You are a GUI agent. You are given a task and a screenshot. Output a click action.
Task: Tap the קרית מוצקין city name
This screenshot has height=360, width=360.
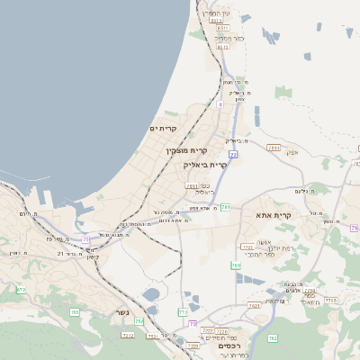pos(187,150)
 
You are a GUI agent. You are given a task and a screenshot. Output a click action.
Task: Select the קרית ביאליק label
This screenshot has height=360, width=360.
pos(205,165)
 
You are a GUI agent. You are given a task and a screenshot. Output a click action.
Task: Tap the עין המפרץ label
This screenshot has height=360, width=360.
pos(217,13)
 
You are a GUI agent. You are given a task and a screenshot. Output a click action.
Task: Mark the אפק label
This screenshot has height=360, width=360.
pos(292,152)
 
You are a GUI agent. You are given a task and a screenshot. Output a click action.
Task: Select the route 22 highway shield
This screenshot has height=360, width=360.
pos(232,155)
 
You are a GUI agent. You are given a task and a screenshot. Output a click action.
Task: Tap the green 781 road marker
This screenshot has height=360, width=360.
pos(226,207)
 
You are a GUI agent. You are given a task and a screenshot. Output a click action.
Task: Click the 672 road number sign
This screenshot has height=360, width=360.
pos(183,311)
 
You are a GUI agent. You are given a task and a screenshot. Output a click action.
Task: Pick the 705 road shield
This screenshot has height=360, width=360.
pos(75,312)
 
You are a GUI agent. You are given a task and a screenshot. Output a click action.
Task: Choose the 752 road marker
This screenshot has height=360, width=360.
pos(139,321)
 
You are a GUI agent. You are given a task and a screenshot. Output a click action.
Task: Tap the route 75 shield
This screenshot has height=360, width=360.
pos(86,238)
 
